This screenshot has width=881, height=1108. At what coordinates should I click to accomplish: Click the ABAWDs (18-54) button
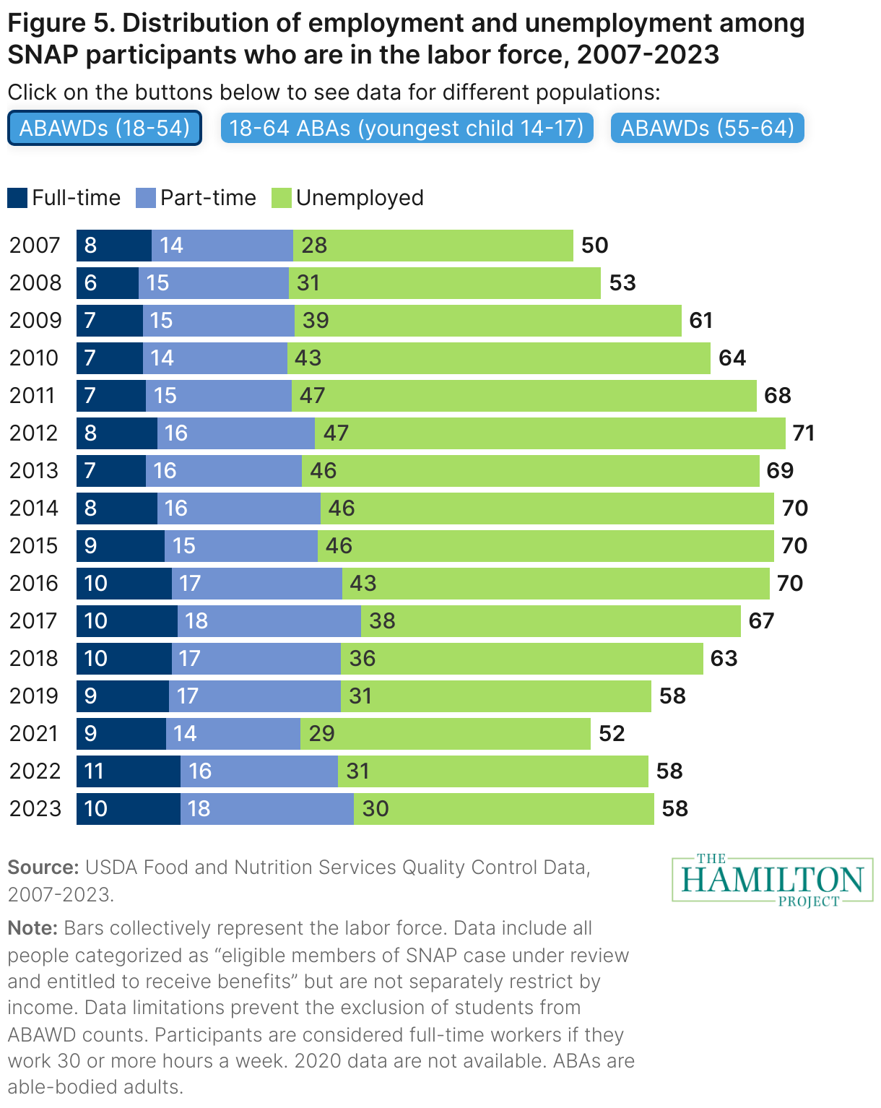click(105, 129)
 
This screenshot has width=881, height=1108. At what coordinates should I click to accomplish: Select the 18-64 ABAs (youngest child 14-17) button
click(407, 129)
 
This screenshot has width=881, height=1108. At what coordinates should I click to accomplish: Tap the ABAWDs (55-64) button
click(708, 129)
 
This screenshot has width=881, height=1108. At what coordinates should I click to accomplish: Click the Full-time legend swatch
click(17, 198)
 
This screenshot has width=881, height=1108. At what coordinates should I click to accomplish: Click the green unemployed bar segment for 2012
click(549, 433)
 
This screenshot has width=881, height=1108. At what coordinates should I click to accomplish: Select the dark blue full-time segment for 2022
click(129, 771)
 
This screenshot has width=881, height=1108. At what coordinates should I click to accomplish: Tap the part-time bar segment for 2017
click(269, 621)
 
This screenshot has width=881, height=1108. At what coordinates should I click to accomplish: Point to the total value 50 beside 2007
click(594, 246)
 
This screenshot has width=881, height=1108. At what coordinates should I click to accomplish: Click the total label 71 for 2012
click(803, 433)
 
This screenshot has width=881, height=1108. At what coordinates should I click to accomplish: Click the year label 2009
click(35, 321)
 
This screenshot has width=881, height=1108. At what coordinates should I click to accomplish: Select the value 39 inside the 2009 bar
click(316, 321)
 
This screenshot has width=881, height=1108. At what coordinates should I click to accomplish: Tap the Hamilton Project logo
click(772, 880)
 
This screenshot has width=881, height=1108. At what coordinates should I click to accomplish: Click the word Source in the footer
click(43, 867)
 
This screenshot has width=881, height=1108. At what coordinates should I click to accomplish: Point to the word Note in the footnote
click(32, 928)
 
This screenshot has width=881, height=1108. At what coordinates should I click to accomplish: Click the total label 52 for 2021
click(612, 734)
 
